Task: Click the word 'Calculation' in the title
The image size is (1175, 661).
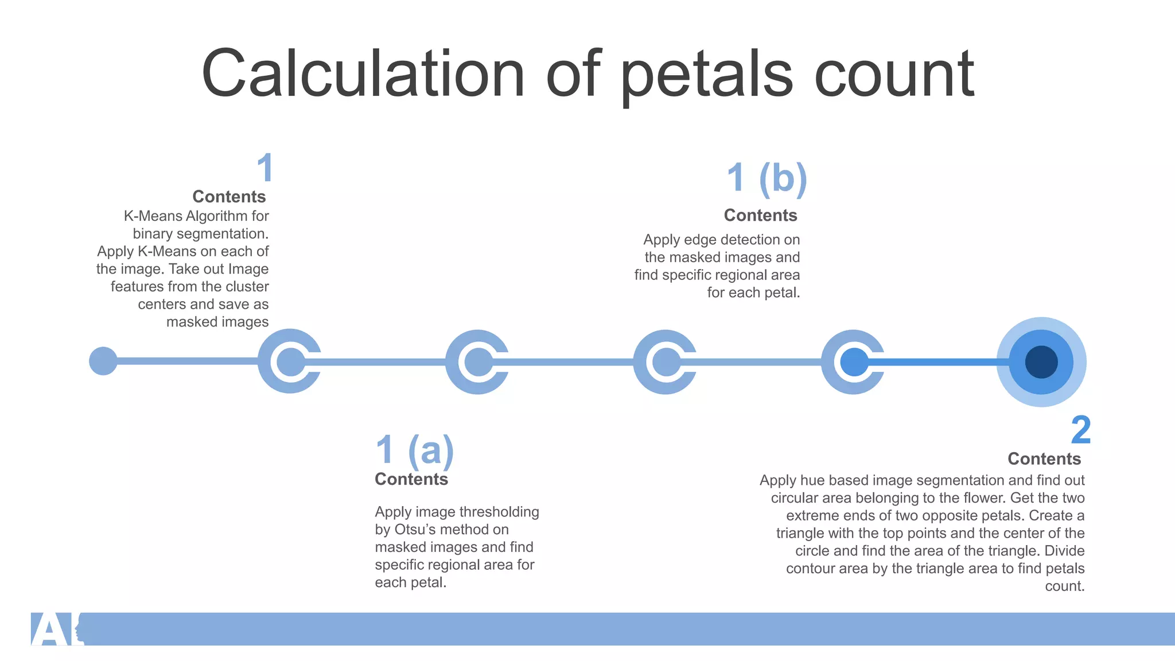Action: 363,73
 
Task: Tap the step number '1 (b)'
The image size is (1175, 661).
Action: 767,178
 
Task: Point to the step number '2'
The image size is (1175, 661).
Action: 1080,430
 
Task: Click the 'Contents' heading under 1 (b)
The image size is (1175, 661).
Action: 760,215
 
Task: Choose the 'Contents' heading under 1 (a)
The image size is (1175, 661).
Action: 411,479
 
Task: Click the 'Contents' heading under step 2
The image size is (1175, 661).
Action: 1044,458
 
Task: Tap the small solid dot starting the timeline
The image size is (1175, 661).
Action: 103,361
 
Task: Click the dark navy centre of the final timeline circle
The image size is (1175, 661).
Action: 1041,362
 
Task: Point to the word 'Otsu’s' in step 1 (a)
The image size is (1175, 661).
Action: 422,530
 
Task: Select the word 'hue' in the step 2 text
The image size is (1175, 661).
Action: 812,480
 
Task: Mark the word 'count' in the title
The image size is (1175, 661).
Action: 894,75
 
